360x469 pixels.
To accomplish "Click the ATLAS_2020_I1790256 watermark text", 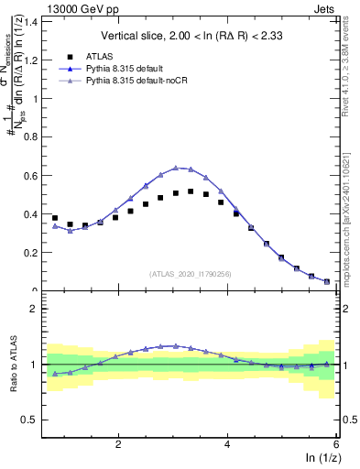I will (x=191, y=274).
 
